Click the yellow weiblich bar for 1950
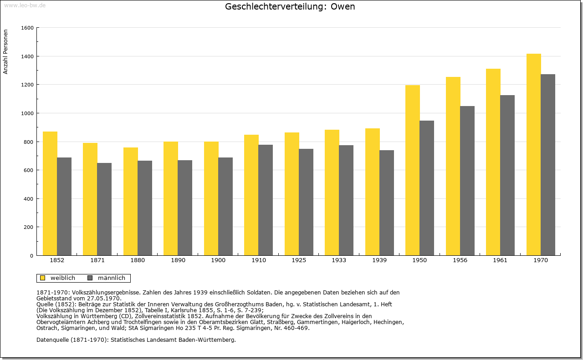tap(413, 170)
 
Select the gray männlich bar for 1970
tap(548, 165)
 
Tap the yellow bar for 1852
tap(50, 193)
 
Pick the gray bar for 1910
tap(266, 200)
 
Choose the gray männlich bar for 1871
tap(104, 209)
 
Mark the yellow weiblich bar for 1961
tap(493, 162)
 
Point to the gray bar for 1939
tap(387, 203)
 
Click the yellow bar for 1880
tap(131, 201)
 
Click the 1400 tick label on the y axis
tap(27, 56)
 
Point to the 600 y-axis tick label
tap(29, 170)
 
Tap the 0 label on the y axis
tap(32, 256)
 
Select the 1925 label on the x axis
tap(299, 260)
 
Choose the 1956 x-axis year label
tap(460, 260)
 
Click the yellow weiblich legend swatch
tap(42, 278)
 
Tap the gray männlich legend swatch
tap(90, 278)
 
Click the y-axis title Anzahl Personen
tap(5, 51)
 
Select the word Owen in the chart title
tap(343, 6)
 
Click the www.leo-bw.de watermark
tap(25, 5)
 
